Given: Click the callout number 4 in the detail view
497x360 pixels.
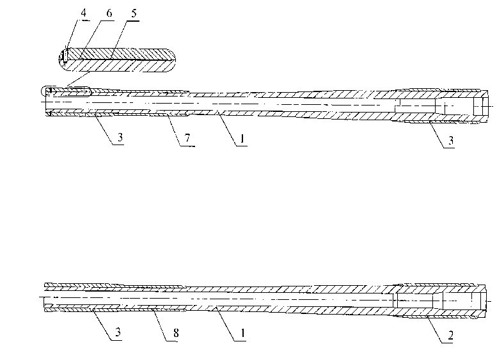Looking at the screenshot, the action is pos(83,13).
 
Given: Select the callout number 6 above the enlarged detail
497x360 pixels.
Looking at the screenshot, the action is pos(109,13).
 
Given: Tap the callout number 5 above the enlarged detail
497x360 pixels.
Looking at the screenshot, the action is pos(134,13).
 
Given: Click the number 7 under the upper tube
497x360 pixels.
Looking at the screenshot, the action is pos(187,139).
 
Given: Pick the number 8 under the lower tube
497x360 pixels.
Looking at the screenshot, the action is pos(176,333).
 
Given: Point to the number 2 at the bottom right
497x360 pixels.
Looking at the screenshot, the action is pos(450,335).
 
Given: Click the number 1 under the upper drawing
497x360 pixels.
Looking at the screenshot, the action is pos(242,139).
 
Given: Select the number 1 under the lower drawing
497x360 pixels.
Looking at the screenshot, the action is pos(243,333).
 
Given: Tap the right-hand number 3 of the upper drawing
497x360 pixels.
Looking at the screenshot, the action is pos(451,140).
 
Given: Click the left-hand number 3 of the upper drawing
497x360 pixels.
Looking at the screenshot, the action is pos(120,137).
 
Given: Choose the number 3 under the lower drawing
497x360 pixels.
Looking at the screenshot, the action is pos(118,332).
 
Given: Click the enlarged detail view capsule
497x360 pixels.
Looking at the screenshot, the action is pos(117,60).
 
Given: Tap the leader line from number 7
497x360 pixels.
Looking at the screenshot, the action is pos(173,130).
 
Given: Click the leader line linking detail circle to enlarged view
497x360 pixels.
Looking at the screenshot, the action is pos(79,79).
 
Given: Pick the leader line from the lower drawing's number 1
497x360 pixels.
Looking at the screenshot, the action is pos(226,324).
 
